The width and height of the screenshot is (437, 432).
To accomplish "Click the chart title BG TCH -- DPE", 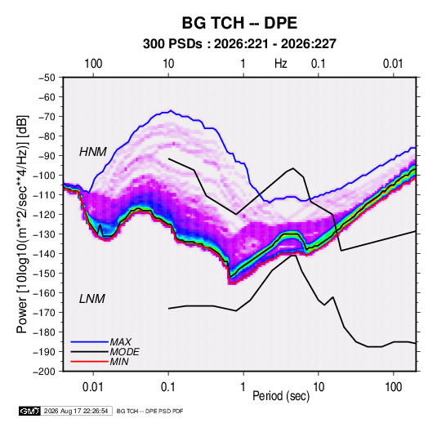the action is [239, 23].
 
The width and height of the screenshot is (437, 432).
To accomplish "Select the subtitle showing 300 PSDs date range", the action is [239, 44].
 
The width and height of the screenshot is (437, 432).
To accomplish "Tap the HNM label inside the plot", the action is [93, 152].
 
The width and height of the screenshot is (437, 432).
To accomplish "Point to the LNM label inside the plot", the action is [92, 299].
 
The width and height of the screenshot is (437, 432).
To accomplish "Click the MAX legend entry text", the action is [120, 342].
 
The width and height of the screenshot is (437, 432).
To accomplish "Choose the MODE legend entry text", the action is [125, 352].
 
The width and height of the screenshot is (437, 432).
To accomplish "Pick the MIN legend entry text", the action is [119, 362].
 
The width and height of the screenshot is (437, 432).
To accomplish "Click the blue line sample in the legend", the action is [89, 342].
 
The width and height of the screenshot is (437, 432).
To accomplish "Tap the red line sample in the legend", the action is [89, 362].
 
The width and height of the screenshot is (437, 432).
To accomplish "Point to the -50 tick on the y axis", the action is [47, 78].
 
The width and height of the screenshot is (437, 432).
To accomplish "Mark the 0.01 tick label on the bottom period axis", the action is [93, 387].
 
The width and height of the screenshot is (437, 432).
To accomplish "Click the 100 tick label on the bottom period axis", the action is [393, 387].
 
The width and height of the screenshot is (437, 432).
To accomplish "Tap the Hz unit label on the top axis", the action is [281, 64].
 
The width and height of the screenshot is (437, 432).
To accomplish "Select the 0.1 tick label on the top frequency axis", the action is [319, 64].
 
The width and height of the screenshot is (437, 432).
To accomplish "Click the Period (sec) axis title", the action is [281, 396].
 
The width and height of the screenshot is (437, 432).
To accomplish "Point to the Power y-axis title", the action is [22, 224].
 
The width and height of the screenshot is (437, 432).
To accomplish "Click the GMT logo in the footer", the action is [29, 411].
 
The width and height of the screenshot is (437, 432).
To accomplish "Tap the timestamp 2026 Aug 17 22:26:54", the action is [76, 411].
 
